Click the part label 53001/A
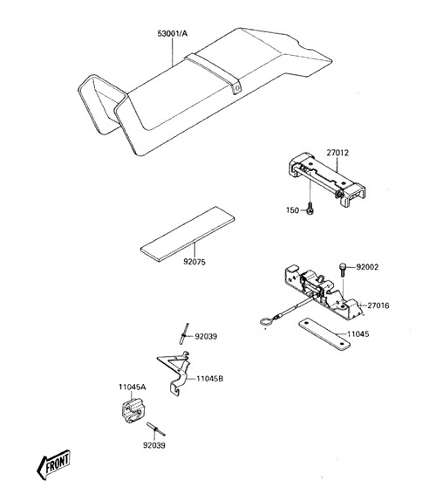pyautogui.click(x=172, y=33)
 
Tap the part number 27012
pyautogui.click(x=337, y=153)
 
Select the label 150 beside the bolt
pyautogui.click(x=292, y=210)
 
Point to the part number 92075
pyautogui.click(x=194, y=262)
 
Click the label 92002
pyautogui.click(x=367, y=267)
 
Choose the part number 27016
pyautogui.click(x=378, y=305)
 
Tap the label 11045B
pyautogui.click(x=210, y=379)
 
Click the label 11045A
pyautogui.click(x=133, y=387)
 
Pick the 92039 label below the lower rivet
pyautogui.click(x=154, y=445)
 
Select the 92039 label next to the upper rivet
pyautogui.click(x=206, y=337)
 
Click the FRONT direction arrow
pyautogui.click(x=53, y=464)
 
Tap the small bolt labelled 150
pyautogui.click(x=310, y=209)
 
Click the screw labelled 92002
pyautogui.click(x=343, y=270)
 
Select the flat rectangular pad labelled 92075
pyautogui.click(x=187, y=234)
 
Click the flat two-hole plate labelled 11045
pyautogui.click(x=324, y=334)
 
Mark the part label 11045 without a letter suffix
pyautogui.click(x=358, y=334)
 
